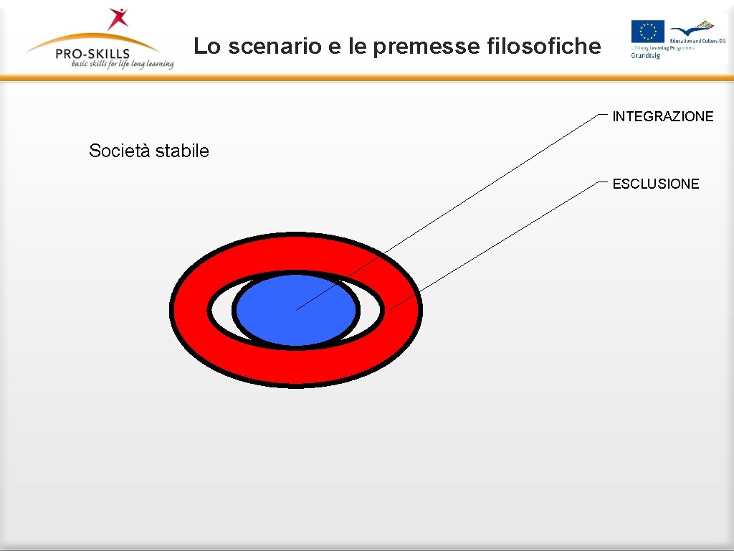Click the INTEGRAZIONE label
pos(662,116)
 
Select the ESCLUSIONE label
pos(655,184)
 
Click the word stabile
pos(182,151)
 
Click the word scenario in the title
pos(272,47)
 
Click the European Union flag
pos(647,31)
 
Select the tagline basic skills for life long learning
pos(122,64)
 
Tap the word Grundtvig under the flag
pos(645,55)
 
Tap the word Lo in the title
pos(207,47)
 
